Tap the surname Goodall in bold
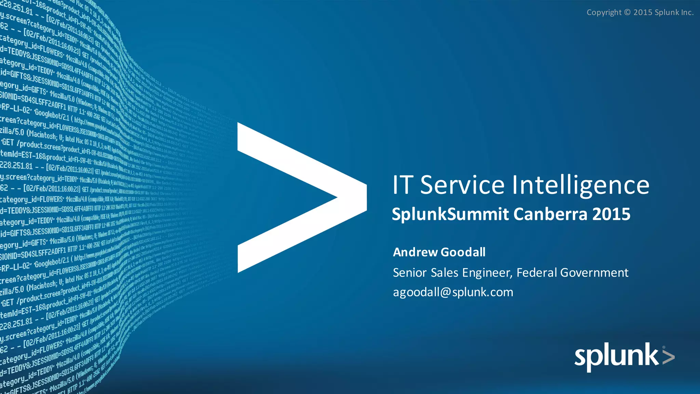pos(463,252)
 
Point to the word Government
pos(594,273)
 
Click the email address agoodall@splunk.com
pos(453,292)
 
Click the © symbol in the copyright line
pos(627,12)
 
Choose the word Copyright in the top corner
pos(604,13)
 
